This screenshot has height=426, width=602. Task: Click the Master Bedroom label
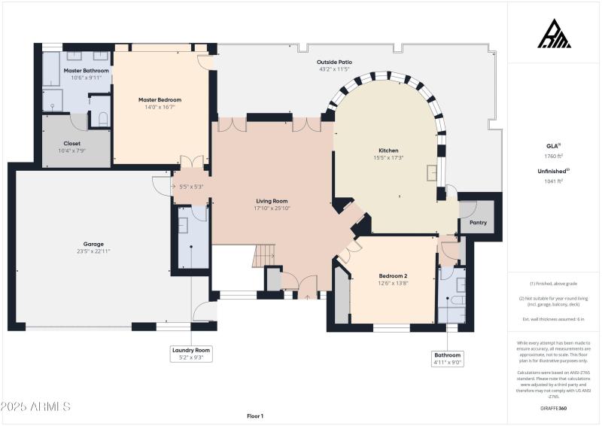tap(160, 99)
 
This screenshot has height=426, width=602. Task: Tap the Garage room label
tap(93, 244)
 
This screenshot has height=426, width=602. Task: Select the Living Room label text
tap(272, 201)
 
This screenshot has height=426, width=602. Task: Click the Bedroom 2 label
tap(393, 276)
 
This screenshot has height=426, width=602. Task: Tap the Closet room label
tap(72, 143)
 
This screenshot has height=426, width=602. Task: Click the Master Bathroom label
tap(86, 71)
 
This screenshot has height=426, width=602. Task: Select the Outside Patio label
tap(334, 62)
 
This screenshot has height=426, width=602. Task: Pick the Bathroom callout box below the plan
tap(447, 358)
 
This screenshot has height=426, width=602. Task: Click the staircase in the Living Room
tap(264, 256)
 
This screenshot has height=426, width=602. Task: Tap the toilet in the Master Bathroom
tap(103, 119)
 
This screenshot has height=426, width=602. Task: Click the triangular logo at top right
tap(554, 35)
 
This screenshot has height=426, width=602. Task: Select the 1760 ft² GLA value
tap(554, 156)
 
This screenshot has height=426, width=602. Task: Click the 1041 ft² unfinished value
tap(554, 181)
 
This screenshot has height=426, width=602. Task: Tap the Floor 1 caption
tap(255, 415)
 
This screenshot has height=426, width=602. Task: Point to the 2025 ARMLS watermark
tap(35, 406)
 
